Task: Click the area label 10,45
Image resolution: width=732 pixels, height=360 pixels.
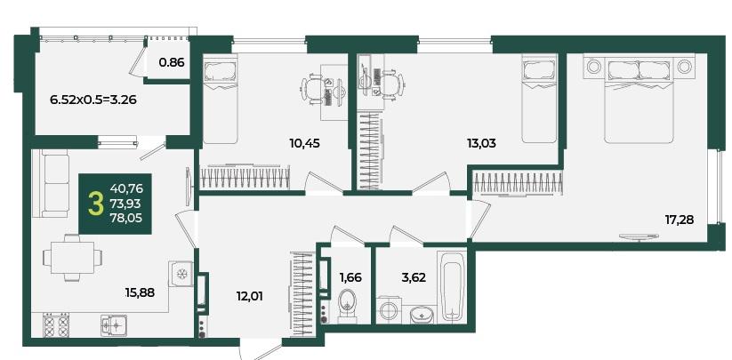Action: click(304, 143)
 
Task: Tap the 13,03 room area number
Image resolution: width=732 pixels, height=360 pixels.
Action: click(481, 143)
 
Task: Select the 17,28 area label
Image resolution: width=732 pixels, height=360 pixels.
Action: click(680, 220)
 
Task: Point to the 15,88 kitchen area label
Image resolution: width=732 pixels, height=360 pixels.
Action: click(140, 292)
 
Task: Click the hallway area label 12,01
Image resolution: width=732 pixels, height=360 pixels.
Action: click(248, 296)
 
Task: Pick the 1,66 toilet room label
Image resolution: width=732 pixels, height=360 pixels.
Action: click(350, 278)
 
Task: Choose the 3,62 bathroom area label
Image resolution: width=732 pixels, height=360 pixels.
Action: click(414, 278)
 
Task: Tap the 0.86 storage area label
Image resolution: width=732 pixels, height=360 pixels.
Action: click(172, 61)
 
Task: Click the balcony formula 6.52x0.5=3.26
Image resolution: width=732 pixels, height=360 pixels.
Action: click(93, 100)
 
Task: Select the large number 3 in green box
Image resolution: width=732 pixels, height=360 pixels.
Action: click(95, 204)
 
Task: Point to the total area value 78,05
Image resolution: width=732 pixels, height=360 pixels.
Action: click(126, 217)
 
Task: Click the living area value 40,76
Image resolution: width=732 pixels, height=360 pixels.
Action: click(126, 188)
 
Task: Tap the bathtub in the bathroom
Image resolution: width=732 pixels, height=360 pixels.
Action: click(452, 285)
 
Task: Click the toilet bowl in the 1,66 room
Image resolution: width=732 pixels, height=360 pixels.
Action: click(347, 306)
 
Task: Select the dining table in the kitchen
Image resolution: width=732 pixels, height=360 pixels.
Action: click(72, 258)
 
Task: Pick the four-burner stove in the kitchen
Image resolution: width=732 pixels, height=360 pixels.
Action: click(55, 324)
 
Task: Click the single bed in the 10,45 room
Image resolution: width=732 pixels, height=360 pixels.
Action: click(221, 99)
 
